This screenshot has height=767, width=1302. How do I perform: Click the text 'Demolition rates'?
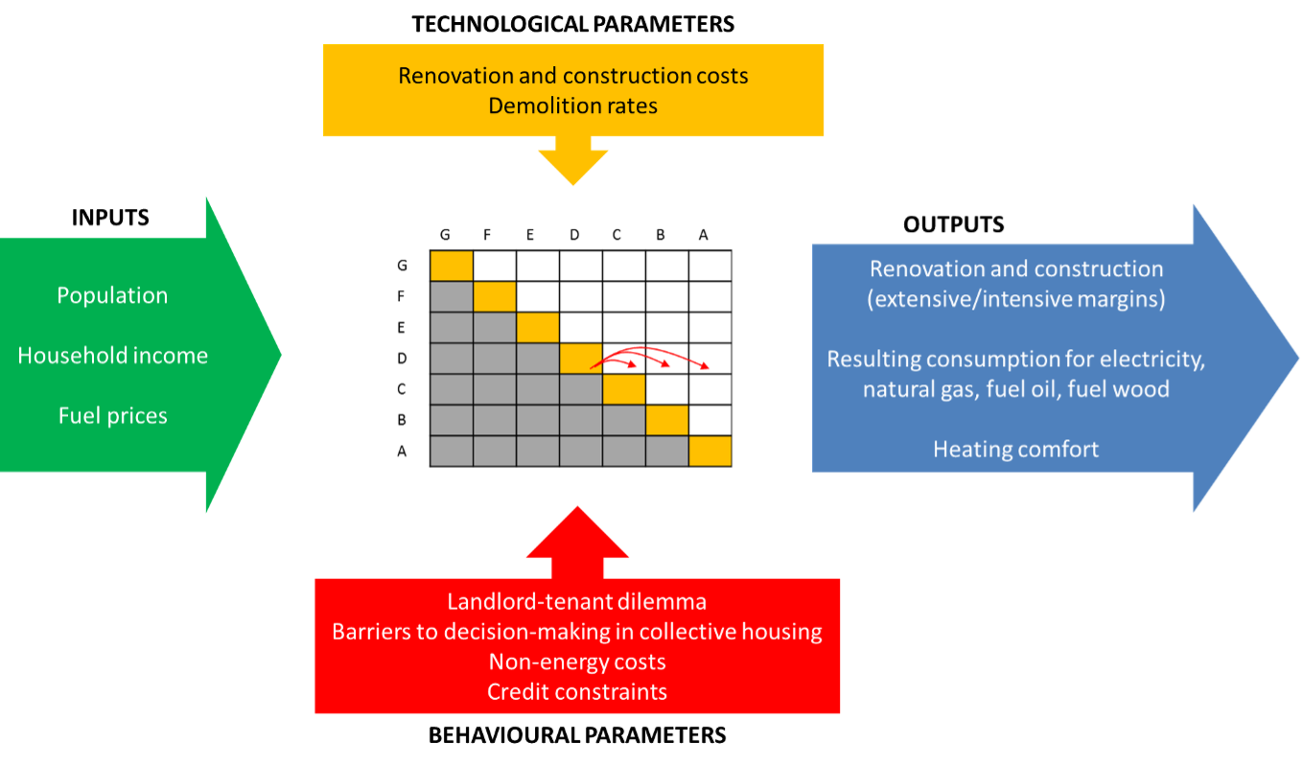click(x=572, y=105)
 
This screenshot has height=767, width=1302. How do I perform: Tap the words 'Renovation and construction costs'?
click(x=572, y=75)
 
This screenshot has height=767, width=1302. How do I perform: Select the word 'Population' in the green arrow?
click(x=112, y=295)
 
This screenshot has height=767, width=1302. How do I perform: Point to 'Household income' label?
click(x=112, y=356)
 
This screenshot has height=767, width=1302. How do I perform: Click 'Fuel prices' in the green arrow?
click(x=112, y=416)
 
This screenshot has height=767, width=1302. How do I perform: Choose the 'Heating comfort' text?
click(x=1015, y=449)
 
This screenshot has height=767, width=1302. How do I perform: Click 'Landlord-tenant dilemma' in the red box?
click(x=577, y=602)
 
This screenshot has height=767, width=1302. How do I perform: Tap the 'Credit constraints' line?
click(x=577, y=691)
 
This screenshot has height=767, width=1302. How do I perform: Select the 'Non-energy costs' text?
click(x=577, y=662)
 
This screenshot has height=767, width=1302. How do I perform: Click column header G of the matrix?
click(x=445, y=235)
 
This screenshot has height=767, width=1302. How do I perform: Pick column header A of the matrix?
click(x=704, y=235)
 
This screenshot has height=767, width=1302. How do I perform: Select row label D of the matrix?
click(x=403, y=359)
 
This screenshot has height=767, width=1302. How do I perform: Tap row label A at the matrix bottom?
click(x=403, y=452)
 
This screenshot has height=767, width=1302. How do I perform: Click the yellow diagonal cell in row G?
click(x=452, y=266)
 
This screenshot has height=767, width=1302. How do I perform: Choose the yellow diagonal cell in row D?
click(x=581, y=359)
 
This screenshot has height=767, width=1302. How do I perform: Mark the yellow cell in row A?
click(x=710, y=452)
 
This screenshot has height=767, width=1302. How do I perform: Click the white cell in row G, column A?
click(x=710, y=266)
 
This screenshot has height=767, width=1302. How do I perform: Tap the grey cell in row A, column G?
click(x=452, y=452)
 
